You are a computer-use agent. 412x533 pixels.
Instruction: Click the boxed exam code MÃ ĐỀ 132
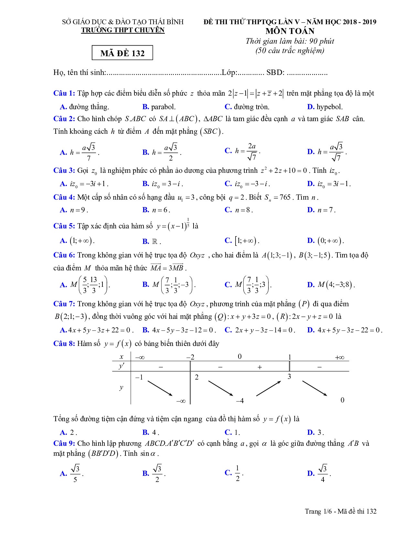[122, 53]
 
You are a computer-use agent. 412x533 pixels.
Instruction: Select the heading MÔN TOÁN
[290, 31]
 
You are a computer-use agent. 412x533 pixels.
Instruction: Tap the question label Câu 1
[64, 93]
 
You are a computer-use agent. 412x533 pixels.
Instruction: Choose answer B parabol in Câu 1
[159, 107]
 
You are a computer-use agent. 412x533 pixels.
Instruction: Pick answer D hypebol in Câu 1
[325, 107]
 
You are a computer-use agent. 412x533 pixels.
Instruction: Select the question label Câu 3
[64, 170]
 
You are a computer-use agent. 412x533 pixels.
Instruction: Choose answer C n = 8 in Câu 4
[239, 210]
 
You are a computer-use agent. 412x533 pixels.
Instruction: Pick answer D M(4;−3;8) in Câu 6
[331, 285]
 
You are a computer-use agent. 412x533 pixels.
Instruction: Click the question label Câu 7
[64, 304]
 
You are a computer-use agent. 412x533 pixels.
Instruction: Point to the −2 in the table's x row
[190, 357]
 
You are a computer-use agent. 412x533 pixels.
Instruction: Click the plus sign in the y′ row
[259, 367]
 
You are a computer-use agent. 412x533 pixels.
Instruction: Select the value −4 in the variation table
[239, 401]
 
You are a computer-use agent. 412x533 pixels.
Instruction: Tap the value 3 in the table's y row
[289, 377]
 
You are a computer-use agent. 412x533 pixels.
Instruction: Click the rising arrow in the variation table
[268, 389]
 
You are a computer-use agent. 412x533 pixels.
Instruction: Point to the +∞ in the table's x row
[340, 357]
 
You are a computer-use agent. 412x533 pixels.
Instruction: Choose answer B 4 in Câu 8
[151, 433]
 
